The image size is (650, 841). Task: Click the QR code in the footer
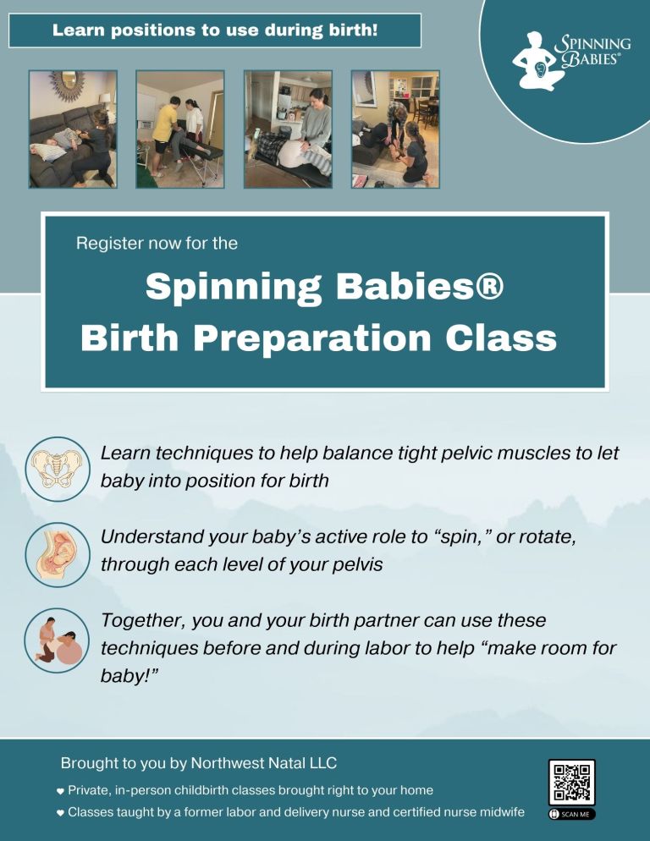click(571, 782)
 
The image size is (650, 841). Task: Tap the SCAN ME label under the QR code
click(571, 814)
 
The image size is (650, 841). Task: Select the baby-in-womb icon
click(58, 554)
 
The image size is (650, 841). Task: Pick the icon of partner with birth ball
click(57, 640)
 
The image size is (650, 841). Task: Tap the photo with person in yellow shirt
click(180, 129)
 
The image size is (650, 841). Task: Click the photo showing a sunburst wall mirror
click(73, 129)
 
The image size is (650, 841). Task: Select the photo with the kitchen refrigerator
click(289, 129)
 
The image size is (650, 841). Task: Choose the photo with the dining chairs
click(395, 129)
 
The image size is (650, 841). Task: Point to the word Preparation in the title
click(313, 339)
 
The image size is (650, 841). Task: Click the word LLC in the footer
click(323, 762)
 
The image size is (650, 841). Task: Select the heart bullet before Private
click(60, 791)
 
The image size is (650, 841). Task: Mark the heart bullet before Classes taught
click(60, 813)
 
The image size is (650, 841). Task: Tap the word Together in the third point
click(144, 621)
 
